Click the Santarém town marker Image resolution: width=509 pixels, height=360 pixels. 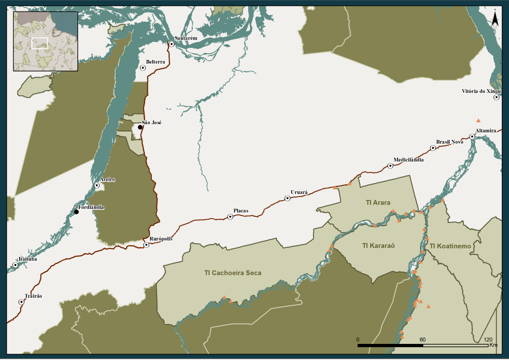pos(172,44)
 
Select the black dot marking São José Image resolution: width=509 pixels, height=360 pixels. pos(140,127)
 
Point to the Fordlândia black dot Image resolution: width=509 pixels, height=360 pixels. pos(76,212)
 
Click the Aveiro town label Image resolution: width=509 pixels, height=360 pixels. pos(107,180)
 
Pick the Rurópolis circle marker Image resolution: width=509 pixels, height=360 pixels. pos(146,245)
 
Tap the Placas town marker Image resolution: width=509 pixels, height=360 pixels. pos(230,217)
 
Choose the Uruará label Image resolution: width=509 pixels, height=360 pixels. pos(299,192)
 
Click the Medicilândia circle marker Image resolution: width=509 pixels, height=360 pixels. pos(390,166)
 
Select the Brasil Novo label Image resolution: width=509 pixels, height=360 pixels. pos(450,142)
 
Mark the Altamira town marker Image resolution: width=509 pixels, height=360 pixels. pos(472,137)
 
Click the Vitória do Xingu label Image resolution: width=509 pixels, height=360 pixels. pos(481,91)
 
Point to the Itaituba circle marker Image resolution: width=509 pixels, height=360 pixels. pos(15,265)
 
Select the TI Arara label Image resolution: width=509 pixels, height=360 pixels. pos(378,202)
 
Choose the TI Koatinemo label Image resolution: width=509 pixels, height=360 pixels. pos(450,246)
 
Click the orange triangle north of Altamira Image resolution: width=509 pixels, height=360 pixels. pos(478,121)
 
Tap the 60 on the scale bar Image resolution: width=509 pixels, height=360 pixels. pos(422,340)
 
